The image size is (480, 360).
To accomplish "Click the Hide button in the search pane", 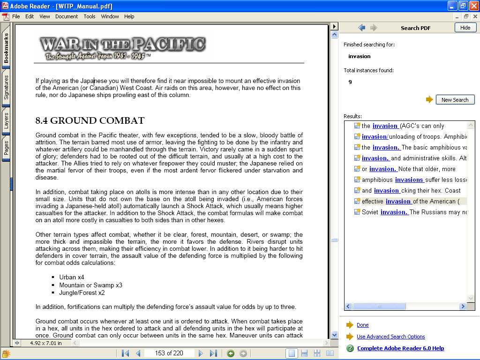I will pyautogui.click(x=465, y=28).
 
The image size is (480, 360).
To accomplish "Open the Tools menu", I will pyautogui.click(x=90, y=16).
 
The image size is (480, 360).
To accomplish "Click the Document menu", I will pyautogui.click(x=67, y=16).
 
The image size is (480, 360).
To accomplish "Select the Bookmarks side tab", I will pyautogui.click(x=6, y=48).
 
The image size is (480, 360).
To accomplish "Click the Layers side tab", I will pyautogui.click(x=6, y=120).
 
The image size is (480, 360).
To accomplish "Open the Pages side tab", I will pyautogui.click(x=6, y=148).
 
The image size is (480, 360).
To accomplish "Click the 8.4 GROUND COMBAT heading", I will pyautogui.click(x=90, y=120).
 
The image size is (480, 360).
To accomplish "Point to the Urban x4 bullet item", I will pyautogui.click(x=71, y=277).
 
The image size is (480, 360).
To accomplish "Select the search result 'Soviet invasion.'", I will pyautogui.click(x=394, y=212).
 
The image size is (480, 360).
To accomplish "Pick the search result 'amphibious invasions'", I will pyautogui.click(x=409, y=180).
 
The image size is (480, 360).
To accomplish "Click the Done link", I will pyautogui.click(x=362, y=325).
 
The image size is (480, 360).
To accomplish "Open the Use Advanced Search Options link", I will pyautogui.click(x=390, y=337).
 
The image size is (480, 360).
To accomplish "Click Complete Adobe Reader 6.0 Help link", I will pyautogui.click(x=400, y=348).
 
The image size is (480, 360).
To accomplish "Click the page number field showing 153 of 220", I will pyautogui.click(x=169, y=353).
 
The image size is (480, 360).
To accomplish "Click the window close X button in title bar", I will pyautogui.click(x=473, y=6).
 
